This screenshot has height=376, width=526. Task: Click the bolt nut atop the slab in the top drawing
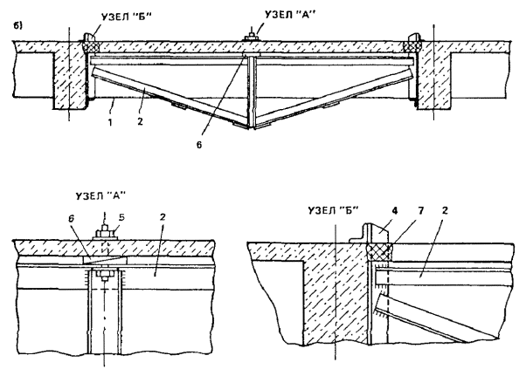click(x=251, y=36)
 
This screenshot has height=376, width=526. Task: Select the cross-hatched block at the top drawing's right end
click(x=413, y=41)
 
